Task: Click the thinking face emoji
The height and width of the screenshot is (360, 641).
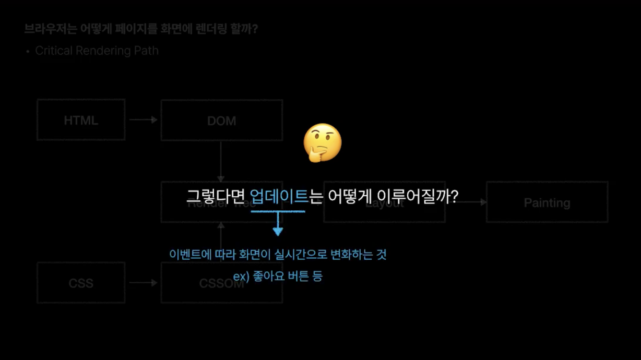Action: point(323,142)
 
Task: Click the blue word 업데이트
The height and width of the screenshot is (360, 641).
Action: point(279,197)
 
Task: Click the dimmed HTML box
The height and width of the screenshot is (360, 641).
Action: point(81,120)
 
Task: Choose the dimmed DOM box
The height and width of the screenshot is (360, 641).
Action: point(221,121)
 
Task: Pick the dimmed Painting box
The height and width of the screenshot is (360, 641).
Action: point(547,202)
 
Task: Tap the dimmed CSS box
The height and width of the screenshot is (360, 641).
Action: point(81,283)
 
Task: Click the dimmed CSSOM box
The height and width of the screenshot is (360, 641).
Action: point(221,283)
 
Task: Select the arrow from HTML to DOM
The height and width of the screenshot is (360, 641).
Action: point(143,120)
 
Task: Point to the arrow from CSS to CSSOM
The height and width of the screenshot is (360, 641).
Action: point(143,283)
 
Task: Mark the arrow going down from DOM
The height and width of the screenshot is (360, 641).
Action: point(221,162)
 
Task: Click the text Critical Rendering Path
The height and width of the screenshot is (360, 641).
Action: point(97,51)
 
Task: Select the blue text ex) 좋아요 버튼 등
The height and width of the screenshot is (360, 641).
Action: point(278,276)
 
